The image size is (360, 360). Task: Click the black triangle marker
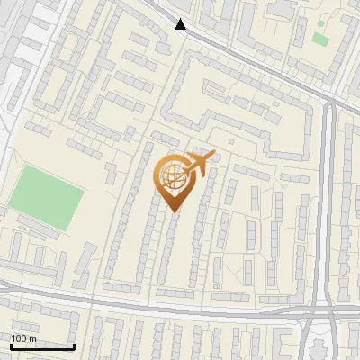[182, 25]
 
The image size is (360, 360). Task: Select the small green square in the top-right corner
[319, 40]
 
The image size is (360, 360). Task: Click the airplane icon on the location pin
[200, 162]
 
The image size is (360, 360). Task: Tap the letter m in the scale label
[33, 337]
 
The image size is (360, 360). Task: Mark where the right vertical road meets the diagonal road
[329, 101]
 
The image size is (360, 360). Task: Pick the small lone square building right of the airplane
[231, 141]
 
